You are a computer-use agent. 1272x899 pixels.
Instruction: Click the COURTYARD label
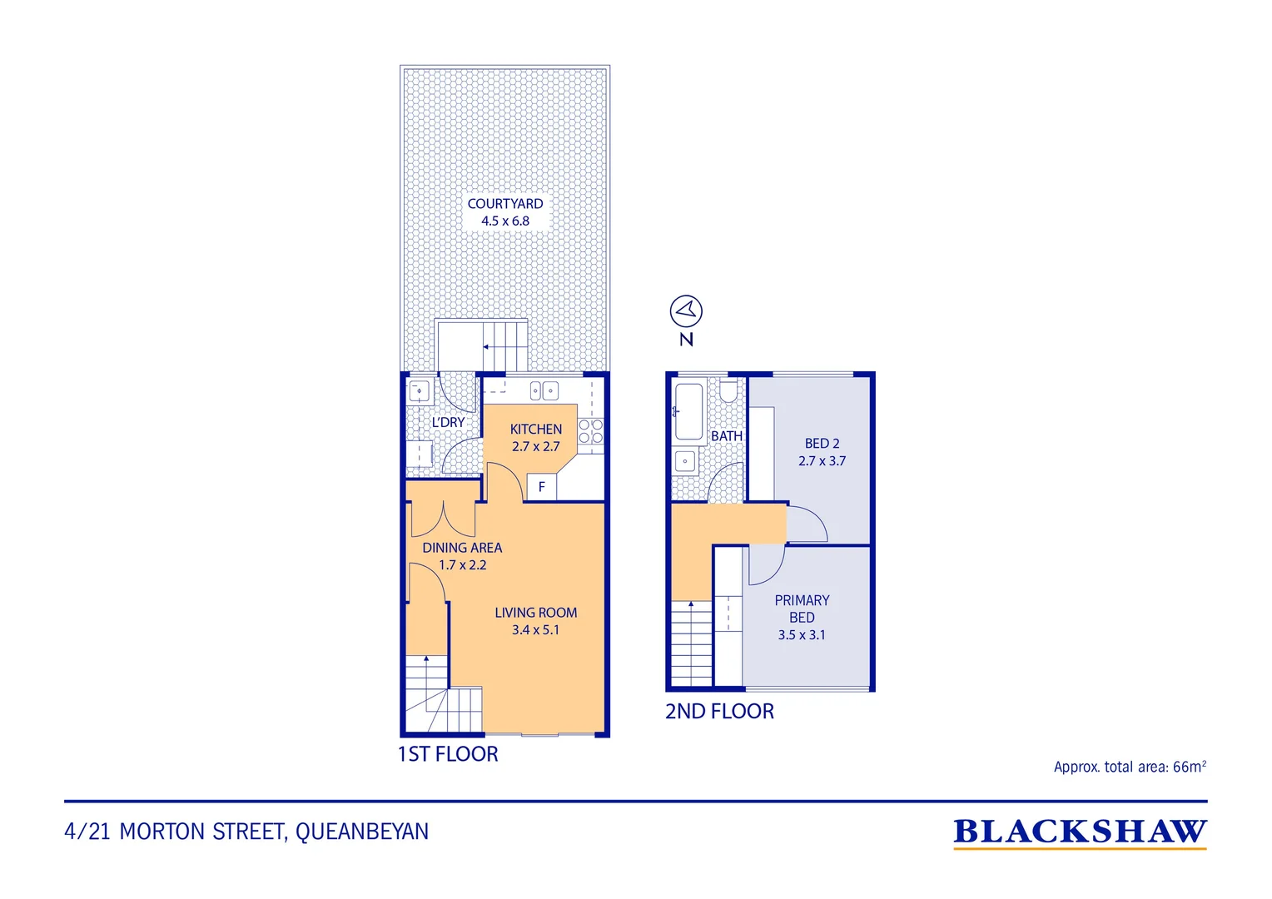tap(504, 203)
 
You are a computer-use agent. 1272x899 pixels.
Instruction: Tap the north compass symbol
tap(686, 311)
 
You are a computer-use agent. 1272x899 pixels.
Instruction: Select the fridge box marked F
tap(541, 487)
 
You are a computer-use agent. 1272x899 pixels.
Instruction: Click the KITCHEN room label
tap(535, 429)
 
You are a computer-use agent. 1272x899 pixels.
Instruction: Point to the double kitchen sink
tap(544, 390)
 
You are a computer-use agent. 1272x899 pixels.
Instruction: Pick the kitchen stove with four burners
tap(590, 430)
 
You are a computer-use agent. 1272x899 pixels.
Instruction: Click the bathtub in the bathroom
tap(688, 412)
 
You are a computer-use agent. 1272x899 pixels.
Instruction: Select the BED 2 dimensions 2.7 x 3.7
tap(822, 460)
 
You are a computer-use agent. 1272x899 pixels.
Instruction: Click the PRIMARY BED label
tap(802, 608)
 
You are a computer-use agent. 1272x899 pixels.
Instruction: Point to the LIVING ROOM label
tap(535, 612)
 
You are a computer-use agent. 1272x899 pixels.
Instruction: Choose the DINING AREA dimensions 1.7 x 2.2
tap(462, 565)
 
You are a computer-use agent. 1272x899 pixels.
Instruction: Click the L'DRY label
tap(448, 422)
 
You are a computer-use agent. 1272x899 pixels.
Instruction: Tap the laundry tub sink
tap(419, 391)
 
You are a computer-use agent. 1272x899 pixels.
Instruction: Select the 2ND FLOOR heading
tap(719, 711)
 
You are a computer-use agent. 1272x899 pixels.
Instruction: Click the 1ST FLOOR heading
tap(448, 753)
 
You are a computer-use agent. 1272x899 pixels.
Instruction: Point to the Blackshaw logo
tap(1080, 832)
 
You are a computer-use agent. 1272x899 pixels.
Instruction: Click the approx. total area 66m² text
tap(1130, 767)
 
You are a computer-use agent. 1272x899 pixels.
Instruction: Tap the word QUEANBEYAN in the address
tap(362, 832)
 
